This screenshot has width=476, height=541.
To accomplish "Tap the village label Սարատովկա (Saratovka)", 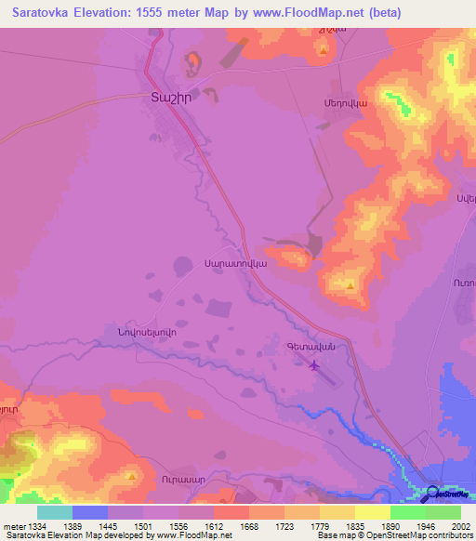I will tap(235, 263).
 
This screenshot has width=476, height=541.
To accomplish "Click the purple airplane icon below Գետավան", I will tap(313, 364).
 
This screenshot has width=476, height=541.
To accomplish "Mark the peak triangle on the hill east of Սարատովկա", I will tap(350, 286).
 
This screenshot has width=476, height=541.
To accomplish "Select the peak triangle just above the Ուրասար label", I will tap(132, 477).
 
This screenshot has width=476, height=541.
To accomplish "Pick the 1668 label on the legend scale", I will tap(249, 526).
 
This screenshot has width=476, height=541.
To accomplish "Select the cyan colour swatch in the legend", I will tap(55, 512).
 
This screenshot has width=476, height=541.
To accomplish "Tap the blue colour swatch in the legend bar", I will tap(90, 512).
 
